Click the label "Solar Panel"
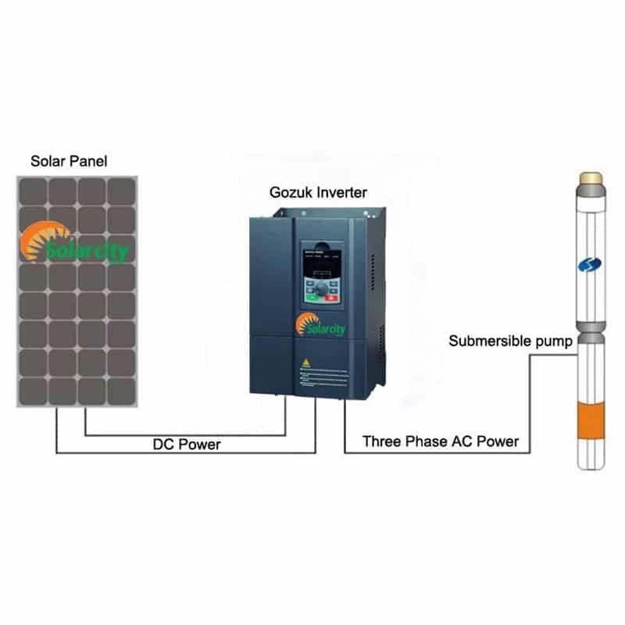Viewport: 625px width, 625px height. [x=69, y=162]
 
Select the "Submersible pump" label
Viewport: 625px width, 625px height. [x=511, y=341]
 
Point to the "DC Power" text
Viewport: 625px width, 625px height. [x=187, y=444]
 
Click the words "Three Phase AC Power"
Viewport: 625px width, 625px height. [x=441, y=441]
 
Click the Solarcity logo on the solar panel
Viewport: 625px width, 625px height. [x=75, y=244]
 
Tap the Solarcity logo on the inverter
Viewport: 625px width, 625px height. [x=320, y=326]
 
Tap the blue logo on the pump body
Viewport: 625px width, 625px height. [x=591, y=266]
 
